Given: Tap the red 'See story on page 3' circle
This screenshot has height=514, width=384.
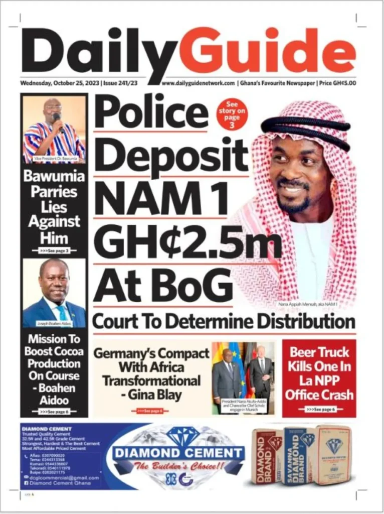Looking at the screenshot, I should [232, 114].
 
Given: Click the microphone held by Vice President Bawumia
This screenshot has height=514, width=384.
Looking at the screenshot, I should [57, 119].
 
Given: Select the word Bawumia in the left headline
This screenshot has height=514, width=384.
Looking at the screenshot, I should [54, 177].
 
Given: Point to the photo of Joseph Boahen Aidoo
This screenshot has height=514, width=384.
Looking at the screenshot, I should [54, 292].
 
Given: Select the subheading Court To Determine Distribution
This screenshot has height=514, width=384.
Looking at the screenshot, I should [224, 321].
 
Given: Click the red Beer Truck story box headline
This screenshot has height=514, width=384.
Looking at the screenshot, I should [319, 373].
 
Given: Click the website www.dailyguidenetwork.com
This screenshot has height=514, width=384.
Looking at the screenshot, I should [198, 83].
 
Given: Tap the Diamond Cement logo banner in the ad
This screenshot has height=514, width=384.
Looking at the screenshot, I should [178, 453].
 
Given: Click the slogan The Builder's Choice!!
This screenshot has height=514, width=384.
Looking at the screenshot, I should [178, 466].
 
